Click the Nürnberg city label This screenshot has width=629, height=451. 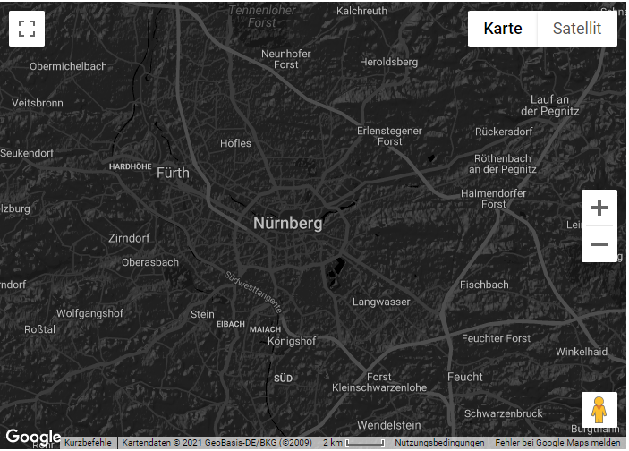pos(287,223)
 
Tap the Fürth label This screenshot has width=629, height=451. pos(173,173)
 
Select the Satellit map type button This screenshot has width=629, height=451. pos(576,29)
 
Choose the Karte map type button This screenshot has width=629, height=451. pos(503,29)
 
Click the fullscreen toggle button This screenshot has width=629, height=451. pos(27,29)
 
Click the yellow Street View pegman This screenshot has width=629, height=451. pos(599,410)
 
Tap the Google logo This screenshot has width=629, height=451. pos(33,438)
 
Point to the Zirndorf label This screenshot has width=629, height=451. pos(129,239)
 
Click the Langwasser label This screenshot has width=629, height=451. pos(381,302)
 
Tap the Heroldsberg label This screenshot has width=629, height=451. pos(388,62)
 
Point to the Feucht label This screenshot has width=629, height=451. pos(464,377)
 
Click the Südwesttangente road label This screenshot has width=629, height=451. pos(254,290)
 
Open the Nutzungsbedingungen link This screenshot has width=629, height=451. pos(439,443)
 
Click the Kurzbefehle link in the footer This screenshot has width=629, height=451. pos(88,443)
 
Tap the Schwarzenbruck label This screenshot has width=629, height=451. pos(503,413)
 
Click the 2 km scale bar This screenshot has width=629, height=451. pos(354,443)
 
